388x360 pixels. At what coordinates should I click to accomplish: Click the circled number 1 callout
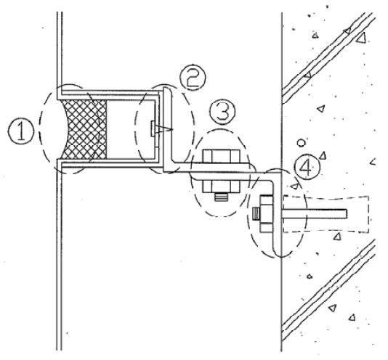click(21, 131)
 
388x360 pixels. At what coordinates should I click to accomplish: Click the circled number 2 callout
click(193, 77)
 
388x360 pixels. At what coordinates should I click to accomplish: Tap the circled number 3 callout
click(223, 112)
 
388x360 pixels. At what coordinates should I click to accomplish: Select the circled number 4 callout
click(307, 167)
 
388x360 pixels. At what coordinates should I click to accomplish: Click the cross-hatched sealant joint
click(84, 129)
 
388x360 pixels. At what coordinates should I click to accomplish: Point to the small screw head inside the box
click(153, 128)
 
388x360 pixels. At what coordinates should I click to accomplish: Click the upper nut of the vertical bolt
click(221, 156)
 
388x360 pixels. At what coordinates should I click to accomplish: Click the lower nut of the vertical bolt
click(221, 187)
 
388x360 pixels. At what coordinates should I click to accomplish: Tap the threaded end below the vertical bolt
click(221, 197)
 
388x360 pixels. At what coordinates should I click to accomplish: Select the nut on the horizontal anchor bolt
click(266, 213)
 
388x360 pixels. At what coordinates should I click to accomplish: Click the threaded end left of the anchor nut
click(256, 214)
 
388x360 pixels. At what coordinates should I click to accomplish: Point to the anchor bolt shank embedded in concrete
click(315, 213)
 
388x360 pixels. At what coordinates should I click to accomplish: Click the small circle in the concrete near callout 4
click(301, 143)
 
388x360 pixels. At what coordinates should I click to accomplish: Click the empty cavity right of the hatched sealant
click(131, 129)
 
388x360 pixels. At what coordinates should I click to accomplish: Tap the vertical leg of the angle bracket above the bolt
click(168, 126)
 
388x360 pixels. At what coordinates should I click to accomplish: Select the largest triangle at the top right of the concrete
click(361, 38)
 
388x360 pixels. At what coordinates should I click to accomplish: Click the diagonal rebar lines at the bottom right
click(329, 290)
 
